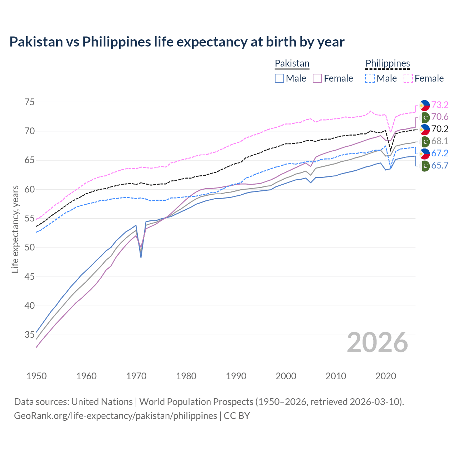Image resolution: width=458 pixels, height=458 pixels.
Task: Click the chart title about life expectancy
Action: point(177,42)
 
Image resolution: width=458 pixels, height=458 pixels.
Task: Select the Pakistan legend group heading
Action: point(292,64)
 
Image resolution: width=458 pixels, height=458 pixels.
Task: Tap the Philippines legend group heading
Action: point(388,64)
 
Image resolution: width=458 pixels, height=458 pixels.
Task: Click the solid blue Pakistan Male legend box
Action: point(279,78)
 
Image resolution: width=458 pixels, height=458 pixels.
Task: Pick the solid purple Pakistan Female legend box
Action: point(317,78)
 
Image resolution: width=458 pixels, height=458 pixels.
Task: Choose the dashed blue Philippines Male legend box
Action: point(370,78)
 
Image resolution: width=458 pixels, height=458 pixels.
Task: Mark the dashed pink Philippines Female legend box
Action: point(408,78)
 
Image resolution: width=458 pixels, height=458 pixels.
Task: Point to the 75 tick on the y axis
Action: point(30,102)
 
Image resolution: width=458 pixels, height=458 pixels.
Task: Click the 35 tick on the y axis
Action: point(30,335)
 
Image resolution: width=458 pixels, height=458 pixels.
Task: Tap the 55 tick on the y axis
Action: point(30,219)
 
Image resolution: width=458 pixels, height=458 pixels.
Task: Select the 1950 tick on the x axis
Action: point(36,376)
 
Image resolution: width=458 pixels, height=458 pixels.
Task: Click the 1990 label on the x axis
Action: point(236,376)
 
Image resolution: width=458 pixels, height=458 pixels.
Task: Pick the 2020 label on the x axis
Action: point(386,376)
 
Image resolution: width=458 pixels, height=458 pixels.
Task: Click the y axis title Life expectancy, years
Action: point(15,229)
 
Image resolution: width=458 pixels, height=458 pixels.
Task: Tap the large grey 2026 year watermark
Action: point(377,342)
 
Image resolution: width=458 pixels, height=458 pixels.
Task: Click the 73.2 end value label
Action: point(440,105)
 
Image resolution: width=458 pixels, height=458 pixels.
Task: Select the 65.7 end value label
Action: point(440,165)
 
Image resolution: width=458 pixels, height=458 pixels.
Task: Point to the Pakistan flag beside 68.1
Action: point(425,141)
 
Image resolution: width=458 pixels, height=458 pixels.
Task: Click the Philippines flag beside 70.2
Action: point(425,129)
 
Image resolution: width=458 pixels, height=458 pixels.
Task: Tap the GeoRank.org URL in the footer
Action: point(115,416)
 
